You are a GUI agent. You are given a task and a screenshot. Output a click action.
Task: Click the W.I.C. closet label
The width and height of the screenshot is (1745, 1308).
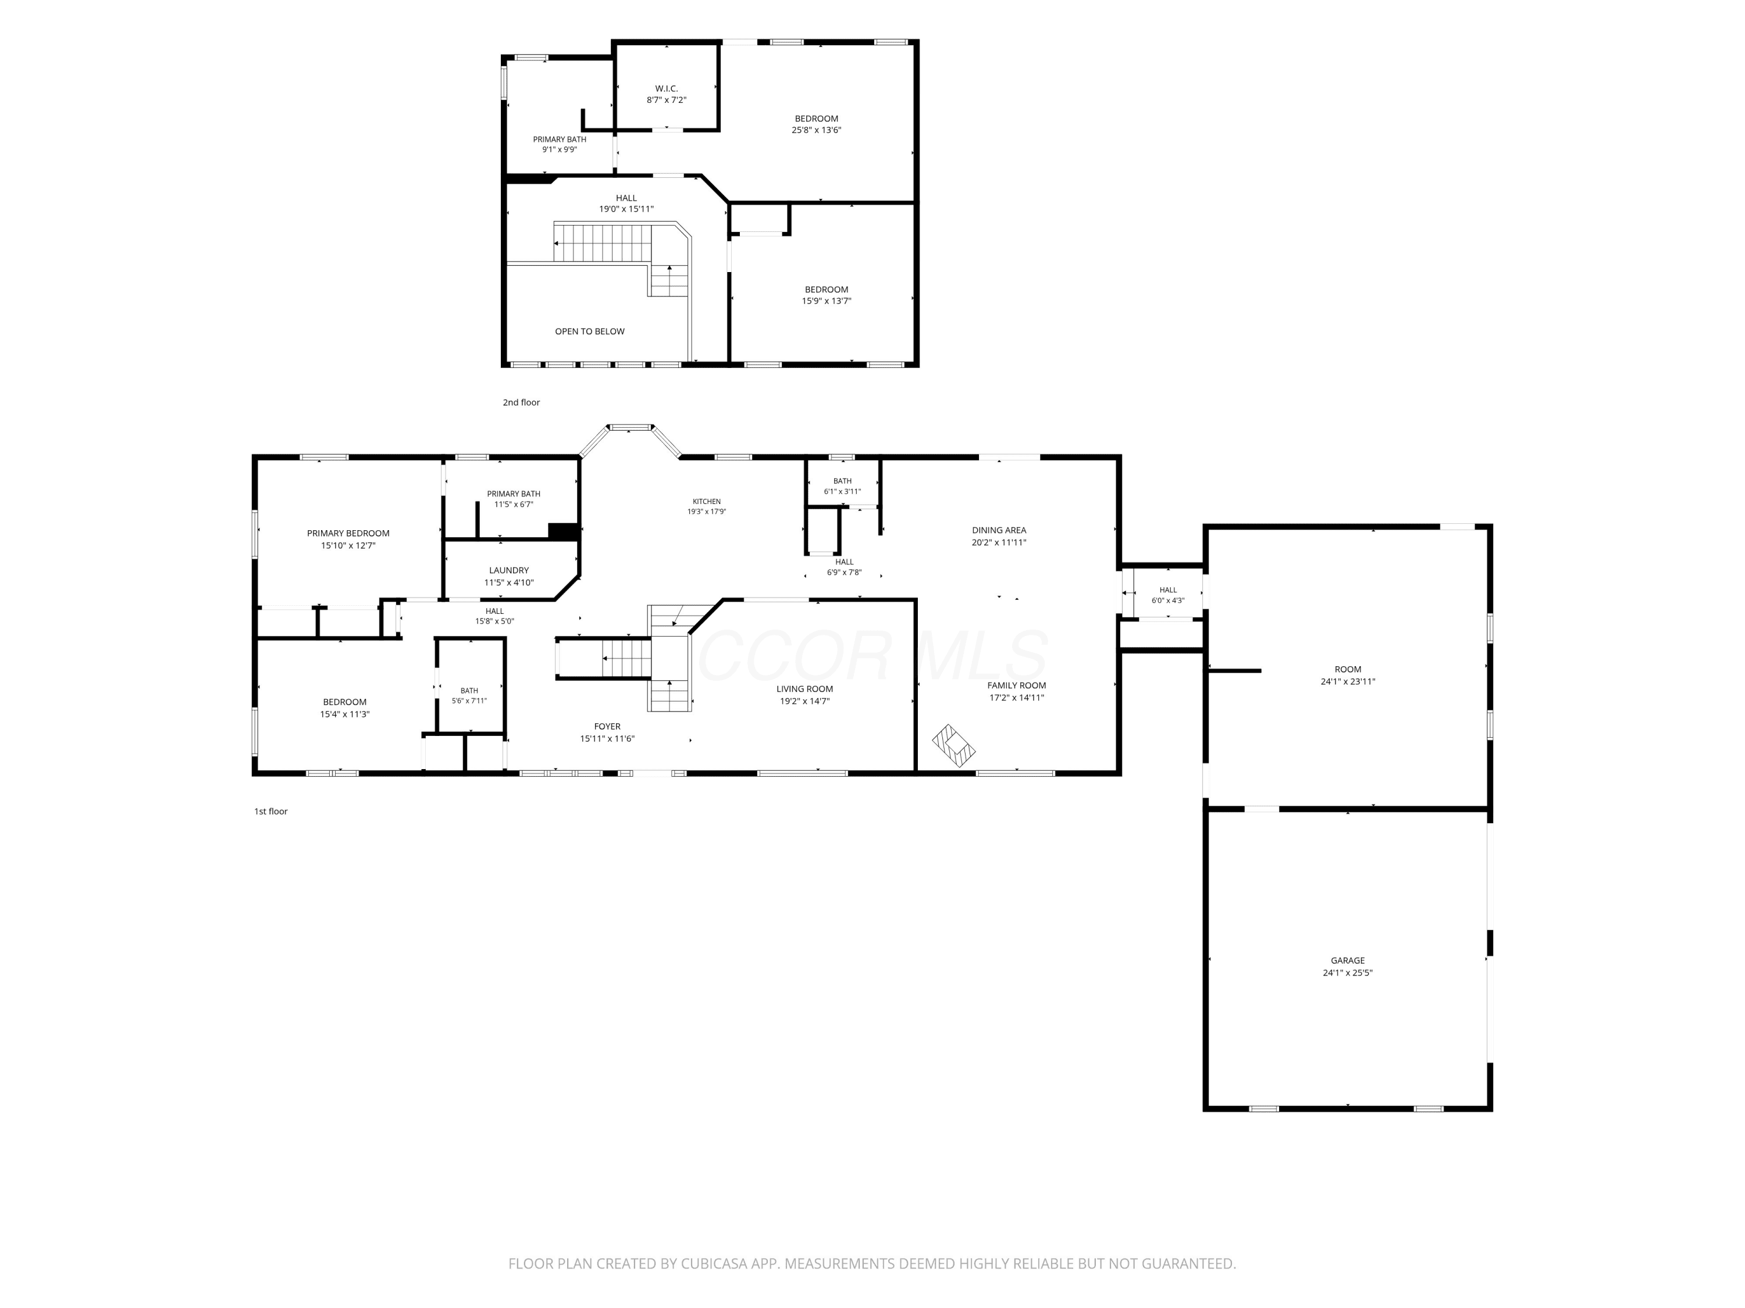tap(667, 89)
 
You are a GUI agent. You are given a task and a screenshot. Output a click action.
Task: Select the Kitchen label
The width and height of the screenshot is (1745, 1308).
tap(707, 502)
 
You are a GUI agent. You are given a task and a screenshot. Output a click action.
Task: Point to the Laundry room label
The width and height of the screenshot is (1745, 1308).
tap(509, 571)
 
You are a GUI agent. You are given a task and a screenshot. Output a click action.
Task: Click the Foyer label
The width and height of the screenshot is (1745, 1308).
tap(607, 727)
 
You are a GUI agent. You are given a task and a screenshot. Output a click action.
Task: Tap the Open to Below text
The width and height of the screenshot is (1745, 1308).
tap(589, 332)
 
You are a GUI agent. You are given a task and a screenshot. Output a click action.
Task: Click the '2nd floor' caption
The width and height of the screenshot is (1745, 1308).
tap(521, 403)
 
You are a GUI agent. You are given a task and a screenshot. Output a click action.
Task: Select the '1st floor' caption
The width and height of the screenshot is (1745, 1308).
tap(270, 812)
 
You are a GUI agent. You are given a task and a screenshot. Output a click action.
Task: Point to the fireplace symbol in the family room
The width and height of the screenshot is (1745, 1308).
tap(954, 746)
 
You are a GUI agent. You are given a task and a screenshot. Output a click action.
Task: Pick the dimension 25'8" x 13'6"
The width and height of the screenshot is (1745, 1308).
tap(817, 131)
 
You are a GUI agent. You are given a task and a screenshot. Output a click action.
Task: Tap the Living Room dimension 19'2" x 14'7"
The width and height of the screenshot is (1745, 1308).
tap(804, 701)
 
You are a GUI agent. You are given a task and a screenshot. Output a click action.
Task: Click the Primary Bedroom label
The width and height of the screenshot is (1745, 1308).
tap(348, 534)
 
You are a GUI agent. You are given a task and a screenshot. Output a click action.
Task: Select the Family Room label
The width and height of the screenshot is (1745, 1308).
tap(1017, 686)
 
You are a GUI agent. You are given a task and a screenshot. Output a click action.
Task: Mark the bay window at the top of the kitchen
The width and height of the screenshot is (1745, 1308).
tap(631, 428)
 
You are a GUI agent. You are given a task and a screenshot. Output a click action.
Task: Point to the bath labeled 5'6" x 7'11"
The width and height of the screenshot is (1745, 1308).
tap(469, 695)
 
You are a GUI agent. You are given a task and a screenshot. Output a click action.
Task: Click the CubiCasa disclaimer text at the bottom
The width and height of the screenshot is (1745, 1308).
tap(872, 1264)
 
